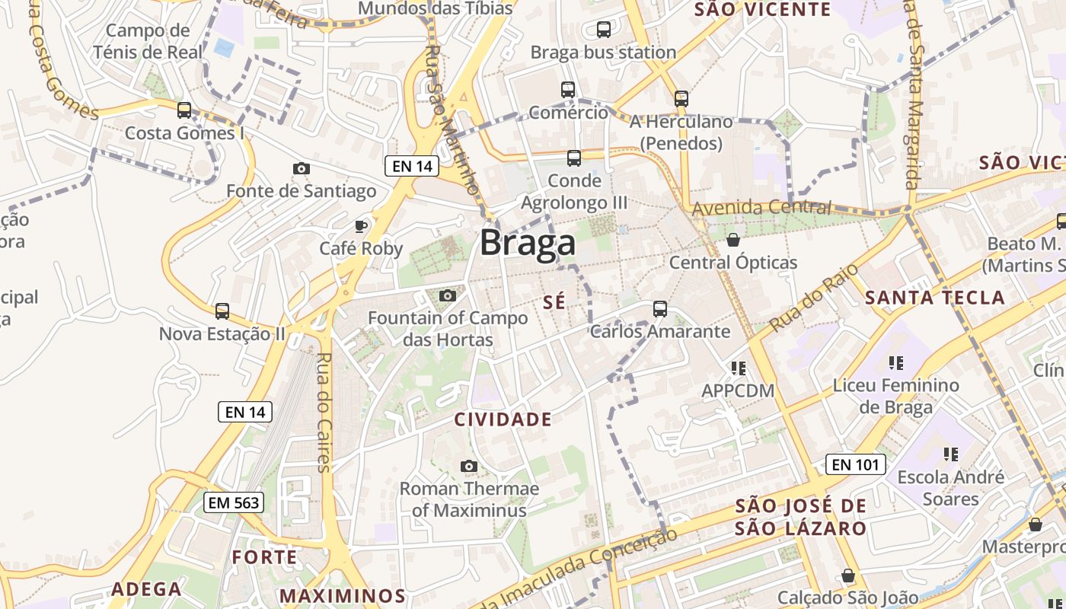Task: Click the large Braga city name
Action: [x=527, y=244]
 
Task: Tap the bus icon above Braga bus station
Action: [x=604, y=30]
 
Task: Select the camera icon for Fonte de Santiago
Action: [x=302, y=168]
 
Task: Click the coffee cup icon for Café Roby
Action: [x=361, y=225]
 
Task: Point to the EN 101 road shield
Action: [x=855, y=464]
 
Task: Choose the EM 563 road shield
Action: [x=234, y=502]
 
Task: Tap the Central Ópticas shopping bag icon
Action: [x=733, y=240]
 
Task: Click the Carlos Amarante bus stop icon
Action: [x=660, y=309]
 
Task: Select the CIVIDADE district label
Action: [x=503, y=419]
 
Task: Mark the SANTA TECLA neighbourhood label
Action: [x=935, y=298]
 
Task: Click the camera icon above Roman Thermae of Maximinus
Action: [x=469, y=466]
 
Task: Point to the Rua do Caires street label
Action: [x=324, y=413]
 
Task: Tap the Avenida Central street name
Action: [x=761, y=207]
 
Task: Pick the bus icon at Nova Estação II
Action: [x=222, y=311]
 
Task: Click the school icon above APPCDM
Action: [x=738, y=368]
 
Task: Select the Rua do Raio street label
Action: [x=813, y=298]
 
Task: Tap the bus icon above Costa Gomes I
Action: [x=184, y=110]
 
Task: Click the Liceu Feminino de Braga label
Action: [x=896, y=396]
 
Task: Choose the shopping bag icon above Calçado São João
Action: [x=848, y=576]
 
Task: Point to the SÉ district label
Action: [x=554, y=302]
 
